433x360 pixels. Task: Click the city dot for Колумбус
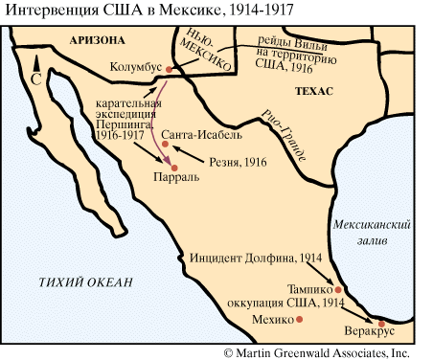click(169, 69)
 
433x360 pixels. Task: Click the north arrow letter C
click(36, 82)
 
